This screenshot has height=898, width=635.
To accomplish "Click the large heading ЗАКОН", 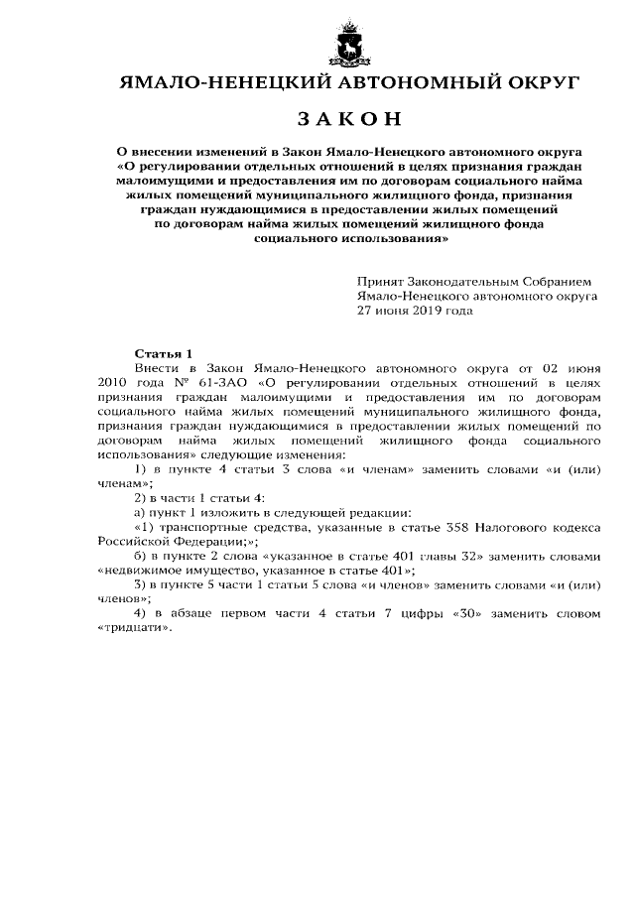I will coord(349,120).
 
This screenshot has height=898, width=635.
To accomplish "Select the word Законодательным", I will coord(466,282).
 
